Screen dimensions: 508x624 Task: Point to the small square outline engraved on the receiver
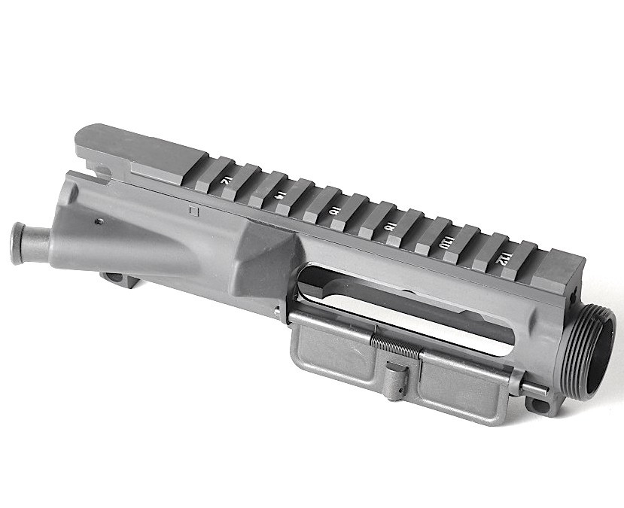click(x=193, y=211)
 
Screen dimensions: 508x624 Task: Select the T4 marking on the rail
click(x=279, y=195)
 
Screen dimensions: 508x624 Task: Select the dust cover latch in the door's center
click(x=394, y=376)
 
